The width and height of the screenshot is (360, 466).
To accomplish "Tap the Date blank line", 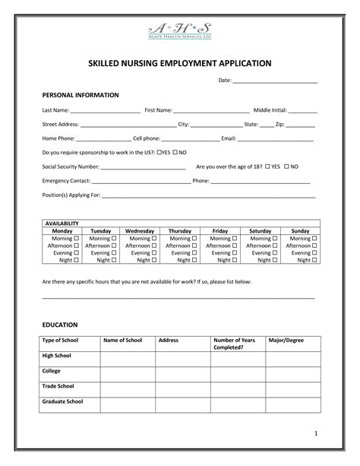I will (x=275, y=81).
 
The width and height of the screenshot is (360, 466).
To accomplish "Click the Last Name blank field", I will (x=106, y=112).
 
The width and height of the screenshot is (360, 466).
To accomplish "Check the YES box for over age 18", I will (x=268, y=166).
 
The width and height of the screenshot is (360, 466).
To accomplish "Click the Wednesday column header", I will (x=140, y=230).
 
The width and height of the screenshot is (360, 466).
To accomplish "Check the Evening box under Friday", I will (x=234, y=252).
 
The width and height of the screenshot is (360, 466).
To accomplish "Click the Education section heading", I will (x=60, y=325).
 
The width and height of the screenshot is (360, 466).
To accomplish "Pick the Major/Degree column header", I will (x=286, y=340).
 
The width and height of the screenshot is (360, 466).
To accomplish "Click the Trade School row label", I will (x=58, y=386).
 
